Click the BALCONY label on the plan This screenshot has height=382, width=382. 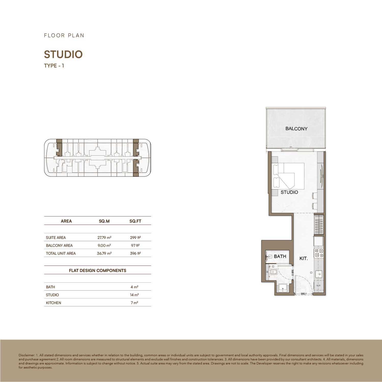tap(296, 129)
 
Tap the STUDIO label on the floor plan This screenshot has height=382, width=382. tap(289, 192)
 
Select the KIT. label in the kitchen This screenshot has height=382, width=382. tap(304, 258)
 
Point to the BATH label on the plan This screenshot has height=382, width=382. tap(280, 256)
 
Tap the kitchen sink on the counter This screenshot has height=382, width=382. tap(319, 274)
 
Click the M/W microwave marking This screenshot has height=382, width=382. tap(318, 286)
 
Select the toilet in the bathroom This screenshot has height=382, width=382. tap(273, 272)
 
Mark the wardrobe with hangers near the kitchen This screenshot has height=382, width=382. tap(319, 225)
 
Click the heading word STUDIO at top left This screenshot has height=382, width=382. tap(63, 54)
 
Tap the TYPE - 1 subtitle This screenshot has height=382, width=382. tap(54, 66)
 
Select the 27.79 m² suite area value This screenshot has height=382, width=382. tap(104, 238)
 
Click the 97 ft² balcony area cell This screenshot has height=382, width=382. tap(135, 245)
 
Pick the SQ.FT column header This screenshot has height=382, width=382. tap(135, 221)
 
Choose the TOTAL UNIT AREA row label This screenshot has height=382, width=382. tap(61, 253)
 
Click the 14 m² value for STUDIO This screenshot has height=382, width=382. tap(134, 295)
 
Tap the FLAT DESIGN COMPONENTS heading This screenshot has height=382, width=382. tap(98, 270)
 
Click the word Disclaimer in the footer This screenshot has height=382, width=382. tap(26, 355)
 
